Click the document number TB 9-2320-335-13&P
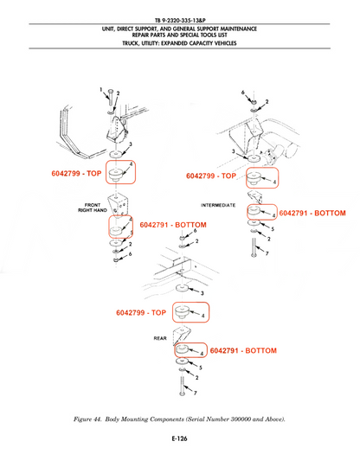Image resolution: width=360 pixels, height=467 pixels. (x=180, y=20)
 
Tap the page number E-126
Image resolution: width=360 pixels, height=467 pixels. (x=179, y=438)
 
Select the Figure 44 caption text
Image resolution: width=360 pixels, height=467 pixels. (x=179, y=419)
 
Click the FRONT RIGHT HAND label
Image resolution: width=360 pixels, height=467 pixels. (x=93, y=208)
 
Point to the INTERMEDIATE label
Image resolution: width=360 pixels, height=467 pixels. (x=218, y=205)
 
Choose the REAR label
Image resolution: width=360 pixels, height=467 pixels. (x=160, y=338)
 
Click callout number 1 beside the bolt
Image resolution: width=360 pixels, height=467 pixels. (x=101, y=89)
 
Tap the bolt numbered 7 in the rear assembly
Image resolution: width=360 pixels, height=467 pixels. (x=182, y=386)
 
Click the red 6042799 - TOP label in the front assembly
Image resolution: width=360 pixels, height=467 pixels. (x=76, y=173)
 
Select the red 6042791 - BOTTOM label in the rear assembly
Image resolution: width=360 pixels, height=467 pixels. (x=243, y=350)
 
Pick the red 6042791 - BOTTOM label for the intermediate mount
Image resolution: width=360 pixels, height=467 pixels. (x=312, y=213)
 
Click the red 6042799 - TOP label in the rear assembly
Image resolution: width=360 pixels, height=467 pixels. (x=141, y=312)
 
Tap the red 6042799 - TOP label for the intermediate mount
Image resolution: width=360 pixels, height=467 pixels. (x=211, y=176)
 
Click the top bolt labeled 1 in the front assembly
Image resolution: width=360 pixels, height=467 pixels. (x=110, y=97)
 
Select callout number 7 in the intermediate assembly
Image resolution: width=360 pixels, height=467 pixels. (x=267, y=253)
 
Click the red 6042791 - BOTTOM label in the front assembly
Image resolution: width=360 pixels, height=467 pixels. (x=173, y=225)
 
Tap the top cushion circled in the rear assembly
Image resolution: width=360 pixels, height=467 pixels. (x=181, y=312)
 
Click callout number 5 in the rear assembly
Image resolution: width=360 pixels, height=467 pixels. (x=201, y=368)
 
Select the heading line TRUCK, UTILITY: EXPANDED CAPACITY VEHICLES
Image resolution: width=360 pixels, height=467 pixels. (x=179, y=43)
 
